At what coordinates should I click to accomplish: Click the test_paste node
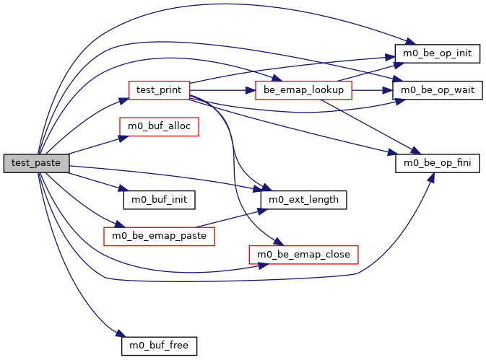tap(36, 163)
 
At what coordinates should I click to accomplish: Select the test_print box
tap(159, 90)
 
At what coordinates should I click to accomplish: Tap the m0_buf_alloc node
tap(159, 126)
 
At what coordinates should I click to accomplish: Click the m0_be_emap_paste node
tap(160, 236)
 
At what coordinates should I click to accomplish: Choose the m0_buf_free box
tap(158, 346)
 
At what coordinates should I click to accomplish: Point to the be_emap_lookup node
tap(303, 90)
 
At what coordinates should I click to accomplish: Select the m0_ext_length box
tap(303, 198)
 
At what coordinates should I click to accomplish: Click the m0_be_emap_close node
tap(303, 254)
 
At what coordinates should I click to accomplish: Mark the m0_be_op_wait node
tap(438, 90)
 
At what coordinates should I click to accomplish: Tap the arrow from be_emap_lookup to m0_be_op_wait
tap(372, 90)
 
